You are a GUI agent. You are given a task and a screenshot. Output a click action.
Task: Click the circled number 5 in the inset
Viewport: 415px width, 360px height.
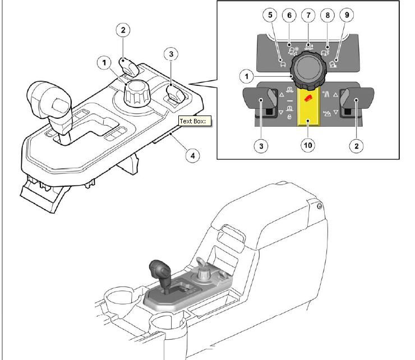point(270,15)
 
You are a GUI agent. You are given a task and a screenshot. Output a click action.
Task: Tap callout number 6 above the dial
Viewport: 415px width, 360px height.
point(289,15)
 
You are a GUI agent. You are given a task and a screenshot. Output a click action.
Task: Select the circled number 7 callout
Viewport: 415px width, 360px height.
point(308,15)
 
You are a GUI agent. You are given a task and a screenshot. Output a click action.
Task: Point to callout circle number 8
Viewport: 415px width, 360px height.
point(328,15)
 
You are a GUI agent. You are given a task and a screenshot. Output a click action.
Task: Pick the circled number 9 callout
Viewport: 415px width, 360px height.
point(347,15)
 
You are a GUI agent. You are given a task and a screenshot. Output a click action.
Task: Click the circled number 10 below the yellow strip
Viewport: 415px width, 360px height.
point(308,145)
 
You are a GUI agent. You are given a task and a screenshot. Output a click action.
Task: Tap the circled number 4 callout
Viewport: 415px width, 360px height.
point(193,156)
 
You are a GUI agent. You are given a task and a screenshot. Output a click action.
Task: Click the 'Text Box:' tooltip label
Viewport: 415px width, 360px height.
point(195,121)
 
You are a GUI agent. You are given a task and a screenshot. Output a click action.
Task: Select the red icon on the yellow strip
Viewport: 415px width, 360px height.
point(308,99)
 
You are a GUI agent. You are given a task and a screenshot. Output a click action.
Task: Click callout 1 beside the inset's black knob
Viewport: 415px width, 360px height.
point(247,76)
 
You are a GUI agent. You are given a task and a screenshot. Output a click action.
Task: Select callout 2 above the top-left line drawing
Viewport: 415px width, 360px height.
point(123,30)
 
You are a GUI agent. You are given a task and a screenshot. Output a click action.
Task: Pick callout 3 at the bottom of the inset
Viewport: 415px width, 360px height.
point(261,146)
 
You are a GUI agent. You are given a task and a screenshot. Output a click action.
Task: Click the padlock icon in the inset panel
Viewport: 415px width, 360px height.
point(289,117)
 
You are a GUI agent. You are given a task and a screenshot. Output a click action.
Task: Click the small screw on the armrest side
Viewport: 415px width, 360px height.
point(320,206)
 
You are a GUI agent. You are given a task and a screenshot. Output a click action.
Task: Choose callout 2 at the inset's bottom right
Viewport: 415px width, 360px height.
point(357,146)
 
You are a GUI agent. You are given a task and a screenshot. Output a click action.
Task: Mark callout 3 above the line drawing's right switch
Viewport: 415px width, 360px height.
point(171,54)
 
